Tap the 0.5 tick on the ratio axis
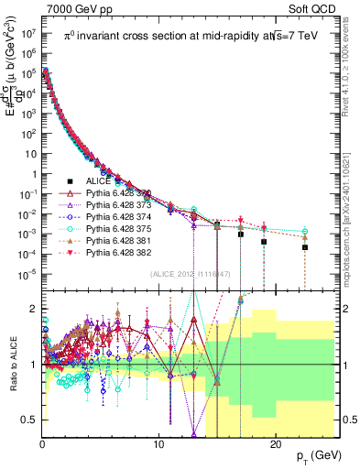[x=32, y=420]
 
